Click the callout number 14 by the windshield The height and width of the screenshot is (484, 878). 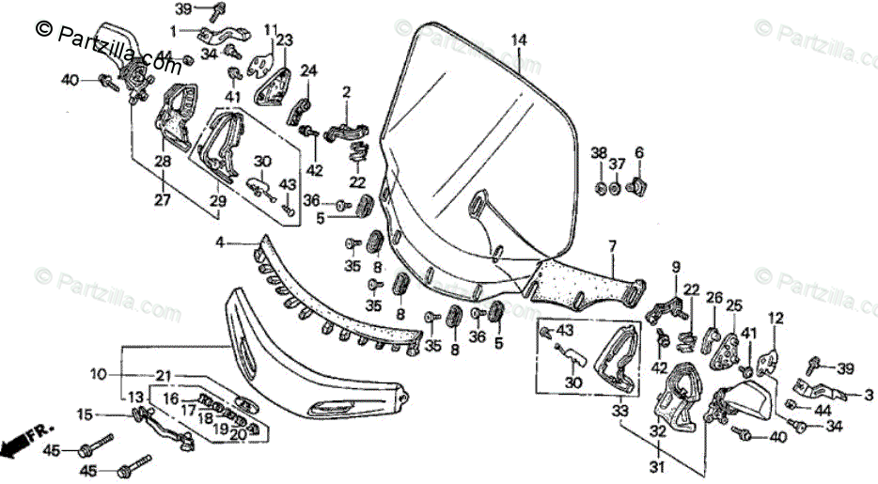coord(519,39)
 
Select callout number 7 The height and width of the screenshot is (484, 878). coord(612,246)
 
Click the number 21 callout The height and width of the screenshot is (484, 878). coord(164,376)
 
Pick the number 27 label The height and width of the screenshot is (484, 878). coord(163,198)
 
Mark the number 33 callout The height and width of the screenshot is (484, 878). coord(620,410)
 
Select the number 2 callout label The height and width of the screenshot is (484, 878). coord(346,92)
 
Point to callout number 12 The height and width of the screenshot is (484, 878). coord(776,319)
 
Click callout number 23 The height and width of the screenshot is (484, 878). coord(284,39)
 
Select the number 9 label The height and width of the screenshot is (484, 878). coord(674,267)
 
